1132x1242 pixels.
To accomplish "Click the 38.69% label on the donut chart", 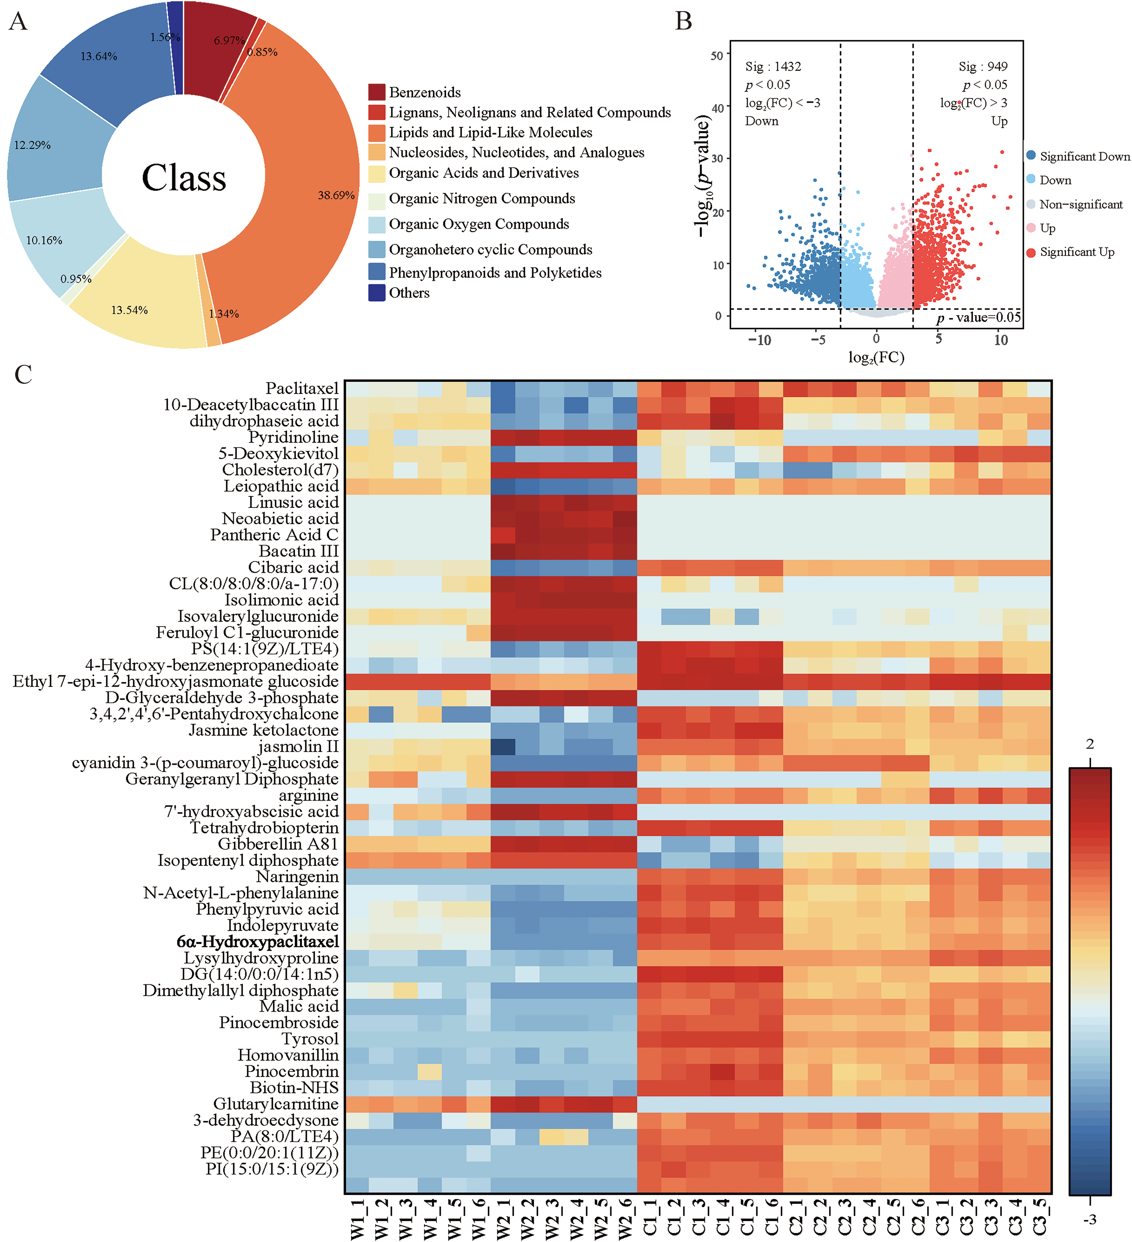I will [336, 195].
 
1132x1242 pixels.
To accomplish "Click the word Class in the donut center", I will [184, 178].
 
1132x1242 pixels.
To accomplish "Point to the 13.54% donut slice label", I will [130, 310].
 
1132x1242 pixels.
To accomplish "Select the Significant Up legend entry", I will [1076, 252].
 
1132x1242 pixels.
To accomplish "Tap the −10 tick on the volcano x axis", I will [759, 340].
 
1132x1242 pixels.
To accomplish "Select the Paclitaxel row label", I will [302, 388].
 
